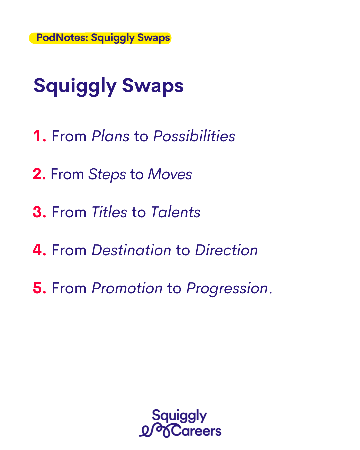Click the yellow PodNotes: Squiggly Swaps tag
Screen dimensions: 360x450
100,38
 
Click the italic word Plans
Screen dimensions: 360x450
110,136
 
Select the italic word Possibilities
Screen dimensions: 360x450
194,136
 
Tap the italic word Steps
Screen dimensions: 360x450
107,175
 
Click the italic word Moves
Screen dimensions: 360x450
170,174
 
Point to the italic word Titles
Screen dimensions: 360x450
109,212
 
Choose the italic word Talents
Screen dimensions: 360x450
176,212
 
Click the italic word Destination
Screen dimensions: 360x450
131,250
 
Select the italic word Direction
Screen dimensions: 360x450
226,250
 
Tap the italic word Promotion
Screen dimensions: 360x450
127,288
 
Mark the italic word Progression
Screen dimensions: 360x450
227,289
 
